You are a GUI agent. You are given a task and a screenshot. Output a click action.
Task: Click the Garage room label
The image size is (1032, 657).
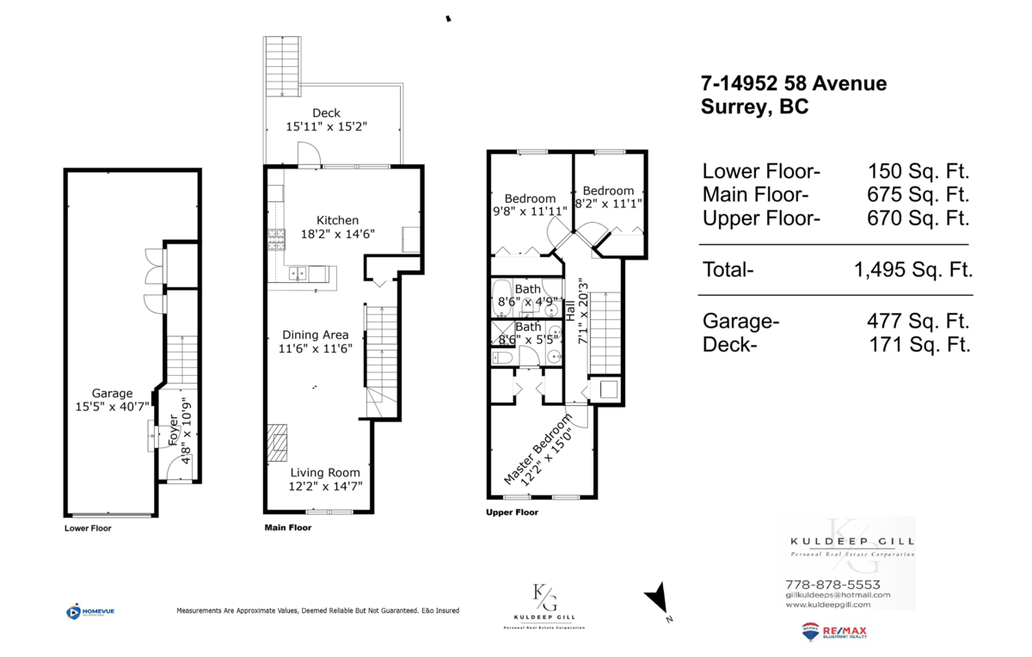coord(111,391)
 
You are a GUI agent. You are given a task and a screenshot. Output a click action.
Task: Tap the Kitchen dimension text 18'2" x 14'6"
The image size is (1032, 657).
coord(324,233)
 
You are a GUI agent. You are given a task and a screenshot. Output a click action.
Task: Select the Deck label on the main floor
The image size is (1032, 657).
coord(326,113)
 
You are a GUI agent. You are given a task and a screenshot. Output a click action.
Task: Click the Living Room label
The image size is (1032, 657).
coord(325,472)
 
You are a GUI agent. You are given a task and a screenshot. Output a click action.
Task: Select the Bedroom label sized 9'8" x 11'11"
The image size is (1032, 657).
coord(530,198)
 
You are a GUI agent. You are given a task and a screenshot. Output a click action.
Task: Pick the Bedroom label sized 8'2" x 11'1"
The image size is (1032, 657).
coord(608,191)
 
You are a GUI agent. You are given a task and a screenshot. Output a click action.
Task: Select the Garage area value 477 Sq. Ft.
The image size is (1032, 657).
coord(918,322)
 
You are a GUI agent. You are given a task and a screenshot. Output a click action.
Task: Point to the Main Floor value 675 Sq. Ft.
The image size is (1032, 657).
coord(918,194)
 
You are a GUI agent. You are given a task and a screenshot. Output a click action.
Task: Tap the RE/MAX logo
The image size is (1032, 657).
coord(834,633)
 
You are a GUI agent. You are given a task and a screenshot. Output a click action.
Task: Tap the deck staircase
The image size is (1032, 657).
coord(283,65)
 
